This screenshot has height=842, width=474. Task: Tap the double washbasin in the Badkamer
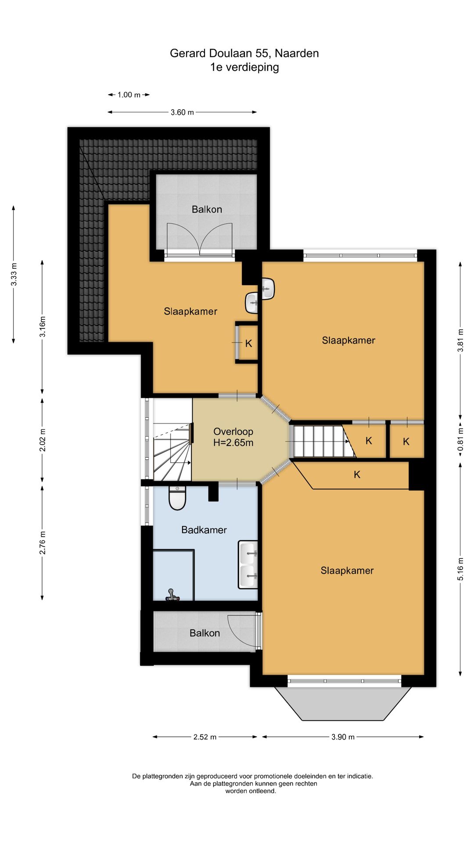[x=248, y=564]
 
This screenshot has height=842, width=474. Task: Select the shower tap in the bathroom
[x=172, y=595]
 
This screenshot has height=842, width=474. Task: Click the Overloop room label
[x=233, y=437]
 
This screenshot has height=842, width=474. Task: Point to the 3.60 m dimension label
[x=182, y=112]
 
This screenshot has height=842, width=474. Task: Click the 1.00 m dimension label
[x=129, y=95]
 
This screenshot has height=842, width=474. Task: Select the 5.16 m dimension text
[x=460, y=569]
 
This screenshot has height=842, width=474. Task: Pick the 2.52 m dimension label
[x=205, y=737]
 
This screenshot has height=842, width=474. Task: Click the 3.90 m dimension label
[x=343, y=737]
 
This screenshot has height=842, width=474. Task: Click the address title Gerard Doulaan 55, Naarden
[x=244, y=53]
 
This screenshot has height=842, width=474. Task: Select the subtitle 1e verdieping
[x=244, y=67]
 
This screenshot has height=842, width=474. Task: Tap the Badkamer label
[x=204, y=530]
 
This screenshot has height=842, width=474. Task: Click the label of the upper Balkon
[x=207, y=209]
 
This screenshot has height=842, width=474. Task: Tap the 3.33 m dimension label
[x=14, y=275]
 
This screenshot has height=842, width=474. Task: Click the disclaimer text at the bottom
[x=252, y=784]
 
